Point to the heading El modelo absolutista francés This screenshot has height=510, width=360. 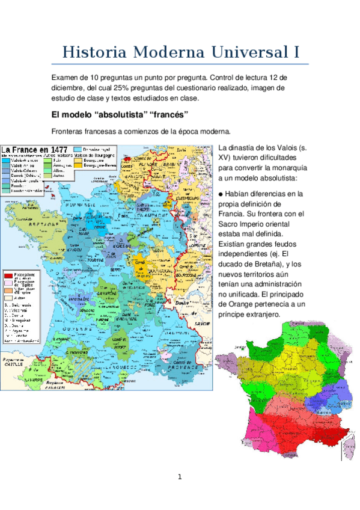pyautogui.click(x=120, y=114)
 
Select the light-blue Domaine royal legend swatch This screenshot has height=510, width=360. pyautogui.click(x=78, y=149)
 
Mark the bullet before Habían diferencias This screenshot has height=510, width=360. pyautogui.click(x=221, y=194)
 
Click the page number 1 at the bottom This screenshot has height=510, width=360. pyautogui.click(x=179, y=478)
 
